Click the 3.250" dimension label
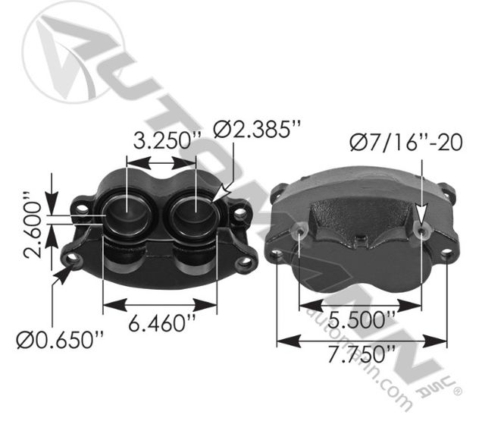[x=167, y=140]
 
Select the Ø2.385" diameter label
[x=257, y=129]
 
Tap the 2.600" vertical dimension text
[x=33, y=225]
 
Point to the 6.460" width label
[x=161, y=323]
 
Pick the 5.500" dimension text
[x=362, y=319]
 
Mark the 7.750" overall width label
[x=362, y=354]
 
